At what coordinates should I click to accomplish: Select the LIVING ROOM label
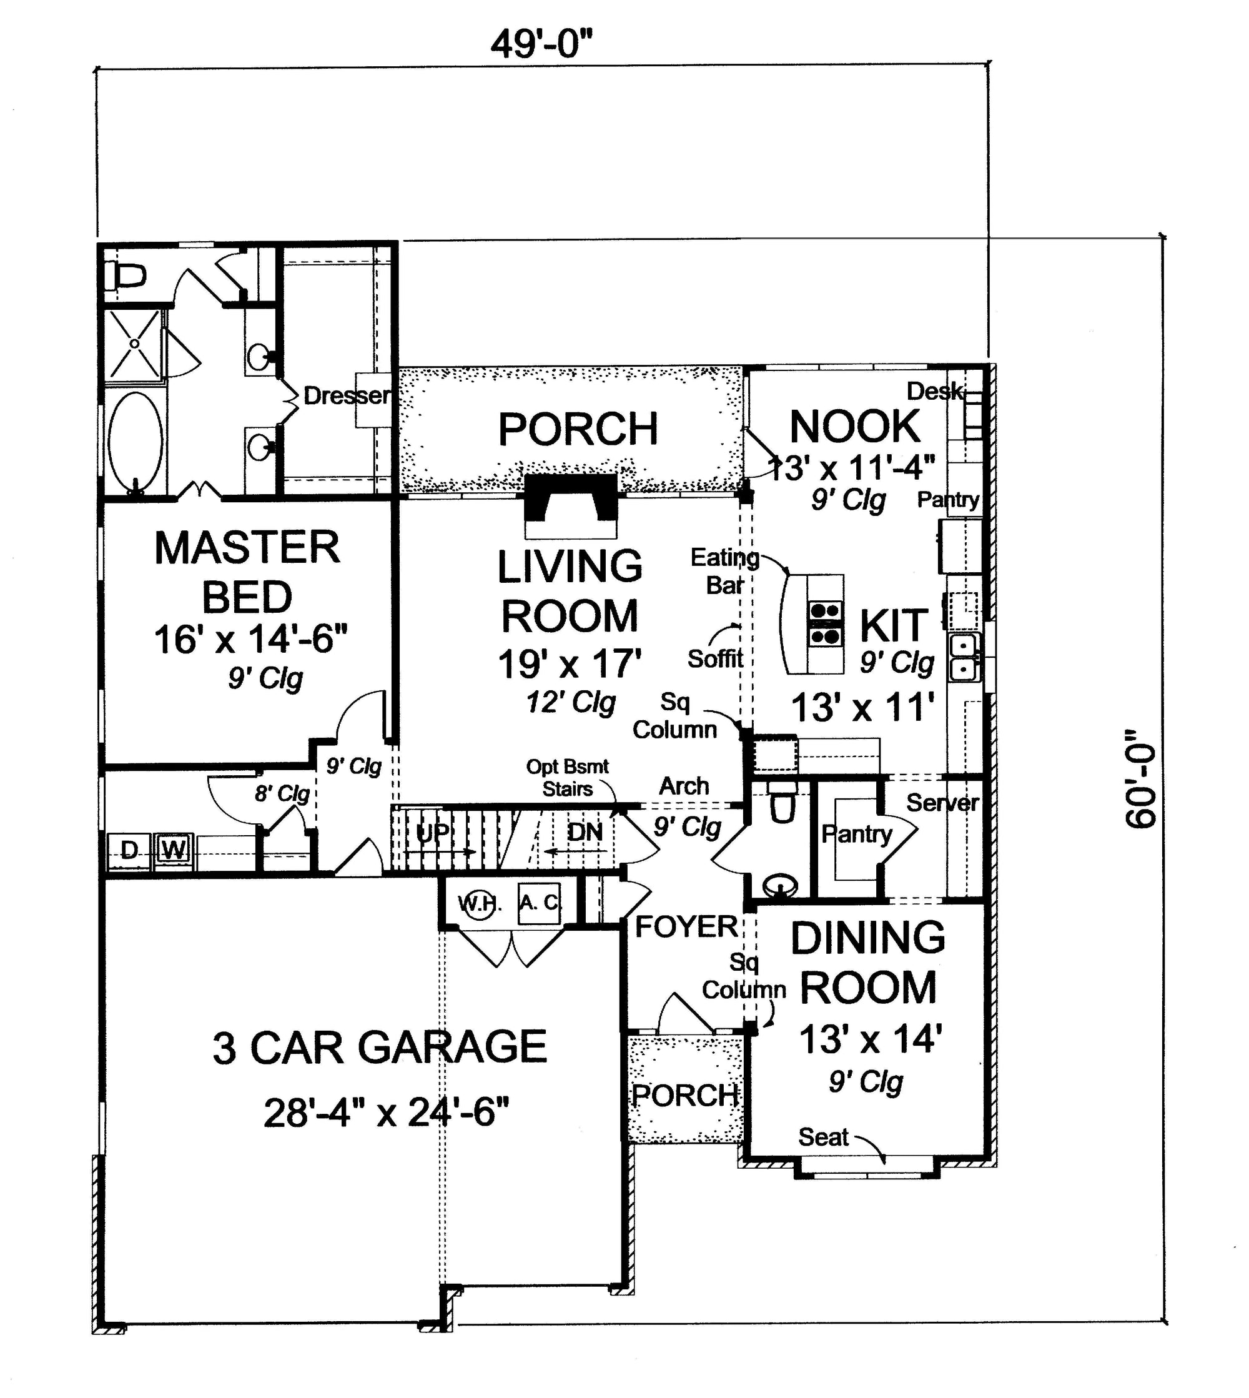click(x=570, y=591)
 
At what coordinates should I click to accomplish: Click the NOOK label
click(x=855, y=426)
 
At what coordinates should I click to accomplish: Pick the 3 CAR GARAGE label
click(x=380, y=1048)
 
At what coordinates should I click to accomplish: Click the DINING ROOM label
click(x=868, y=962)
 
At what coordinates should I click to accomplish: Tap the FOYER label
click(x=686, y=926)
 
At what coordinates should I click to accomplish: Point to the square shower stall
click(x=134, y=343)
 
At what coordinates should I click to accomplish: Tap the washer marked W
click(x=174, y=851)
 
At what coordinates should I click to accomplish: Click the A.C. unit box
click(x=539, y=903)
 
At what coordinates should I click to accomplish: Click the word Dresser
click(x=347, y=395)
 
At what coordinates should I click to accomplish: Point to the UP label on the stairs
click(x=433, y=833)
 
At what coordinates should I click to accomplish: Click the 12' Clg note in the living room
click(x=571, y=703)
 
